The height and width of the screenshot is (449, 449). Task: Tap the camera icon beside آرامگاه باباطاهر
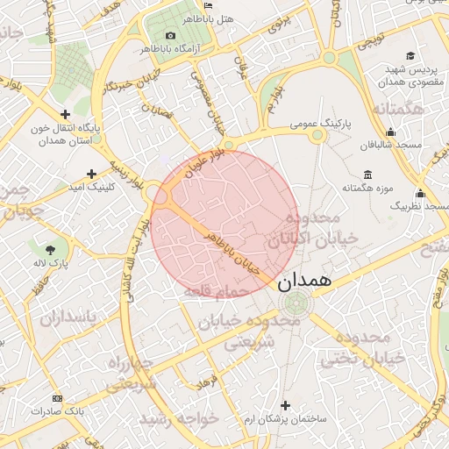point(170,35)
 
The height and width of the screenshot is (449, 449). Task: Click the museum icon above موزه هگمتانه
point(366,174)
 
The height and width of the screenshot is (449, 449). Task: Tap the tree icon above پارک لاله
point(61,247)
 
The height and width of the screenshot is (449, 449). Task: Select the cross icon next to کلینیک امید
point(91,174)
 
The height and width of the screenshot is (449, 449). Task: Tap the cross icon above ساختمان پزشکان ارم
point(285,404)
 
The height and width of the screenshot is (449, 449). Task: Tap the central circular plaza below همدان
point(295,304)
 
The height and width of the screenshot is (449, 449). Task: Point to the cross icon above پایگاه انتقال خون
point(65,114)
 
